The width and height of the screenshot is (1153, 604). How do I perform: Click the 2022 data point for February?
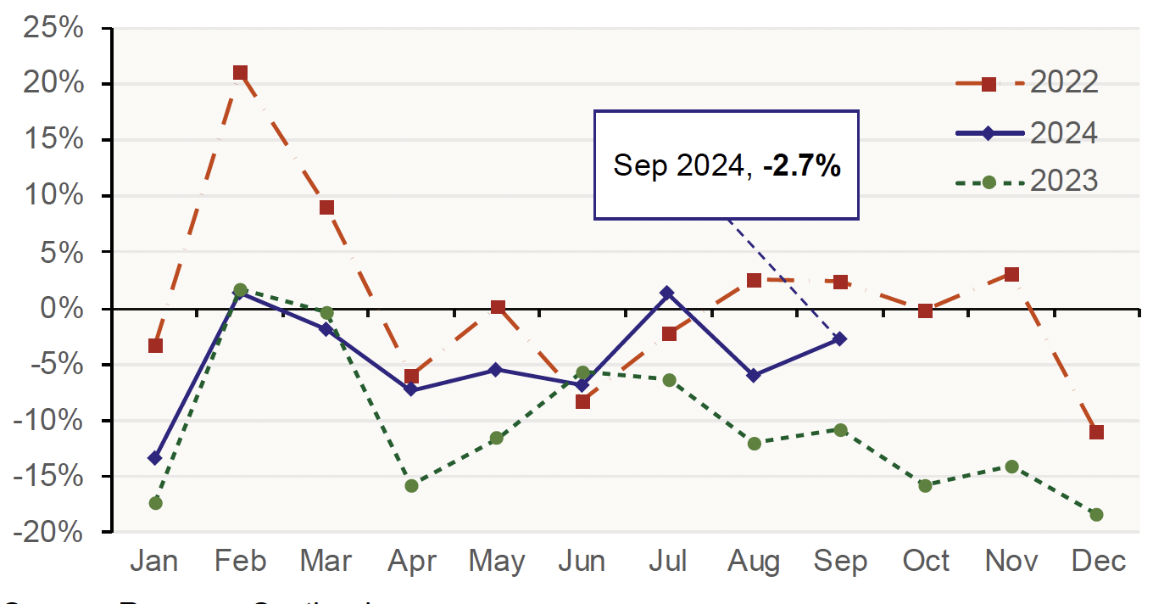tap(240, 73)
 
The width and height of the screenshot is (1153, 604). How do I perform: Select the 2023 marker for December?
tap(1096, 515)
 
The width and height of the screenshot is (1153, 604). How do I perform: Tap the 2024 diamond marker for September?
tap(839, 339)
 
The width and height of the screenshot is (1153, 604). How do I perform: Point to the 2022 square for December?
tap(1096, 432)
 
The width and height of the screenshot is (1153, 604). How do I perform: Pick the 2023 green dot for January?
tap(155, 503)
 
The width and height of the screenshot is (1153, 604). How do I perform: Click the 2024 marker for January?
tap(155, 458)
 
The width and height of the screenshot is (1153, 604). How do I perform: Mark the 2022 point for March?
tap(326, 208)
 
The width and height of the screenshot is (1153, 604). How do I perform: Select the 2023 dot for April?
tap(412, 486)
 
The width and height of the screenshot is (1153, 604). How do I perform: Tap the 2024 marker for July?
tap(668, 294)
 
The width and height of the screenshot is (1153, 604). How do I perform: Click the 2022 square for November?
tap(1011, 274)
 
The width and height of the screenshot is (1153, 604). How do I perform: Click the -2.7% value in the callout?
tap(801, 166)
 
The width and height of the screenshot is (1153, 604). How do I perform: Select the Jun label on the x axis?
tap(583, 562)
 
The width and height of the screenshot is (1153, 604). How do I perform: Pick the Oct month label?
tap(925, 562)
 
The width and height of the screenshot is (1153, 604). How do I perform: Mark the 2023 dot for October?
tap(925, 486)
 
